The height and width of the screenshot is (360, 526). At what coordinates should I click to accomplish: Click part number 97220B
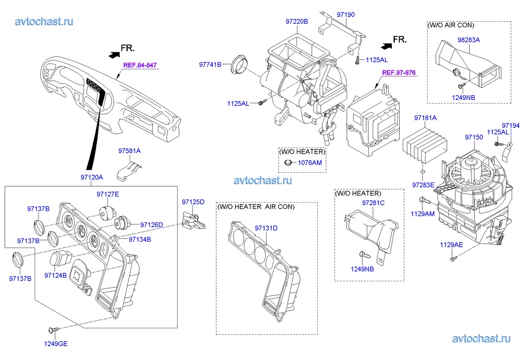coord(297,22)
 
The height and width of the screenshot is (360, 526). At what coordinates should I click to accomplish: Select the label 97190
coord(346,15)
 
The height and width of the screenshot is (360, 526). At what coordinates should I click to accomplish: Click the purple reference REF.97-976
coord(399,73)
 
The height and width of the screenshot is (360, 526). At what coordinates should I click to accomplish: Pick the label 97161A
coord(426,118)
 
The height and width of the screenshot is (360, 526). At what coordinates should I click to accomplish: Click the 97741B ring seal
coord(240,65)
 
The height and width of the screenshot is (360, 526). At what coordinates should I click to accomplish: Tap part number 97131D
coord(266,228)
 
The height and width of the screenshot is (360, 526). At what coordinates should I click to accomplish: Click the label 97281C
coord(373,203)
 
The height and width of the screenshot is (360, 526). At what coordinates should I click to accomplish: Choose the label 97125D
coord(193,202)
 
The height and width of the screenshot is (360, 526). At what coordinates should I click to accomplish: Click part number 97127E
coord(108,194)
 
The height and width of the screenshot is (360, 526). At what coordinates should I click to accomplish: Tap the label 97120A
coord(92,177)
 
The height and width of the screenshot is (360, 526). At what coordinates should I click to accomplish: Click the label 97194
coord(511,125)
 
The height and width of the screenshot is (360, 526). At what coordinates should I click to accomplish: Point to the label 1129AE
coord(452,245)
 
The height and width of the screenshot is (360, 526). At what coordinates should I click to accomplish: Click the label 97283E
coord(423,185)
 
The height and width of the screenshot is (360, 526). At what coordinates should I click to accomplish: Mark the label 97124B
coord(55,274)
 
